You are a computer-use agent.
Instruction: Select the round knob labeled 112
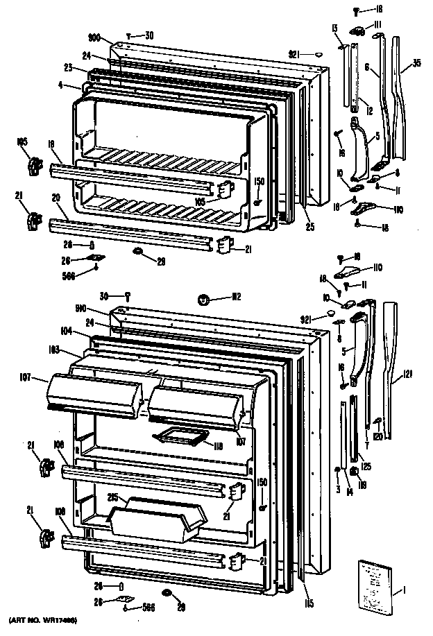point(204,299)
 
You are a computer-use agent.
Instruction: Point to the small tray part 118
point(182,436)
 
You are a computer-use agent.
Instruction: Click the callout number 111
point(378,25)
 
